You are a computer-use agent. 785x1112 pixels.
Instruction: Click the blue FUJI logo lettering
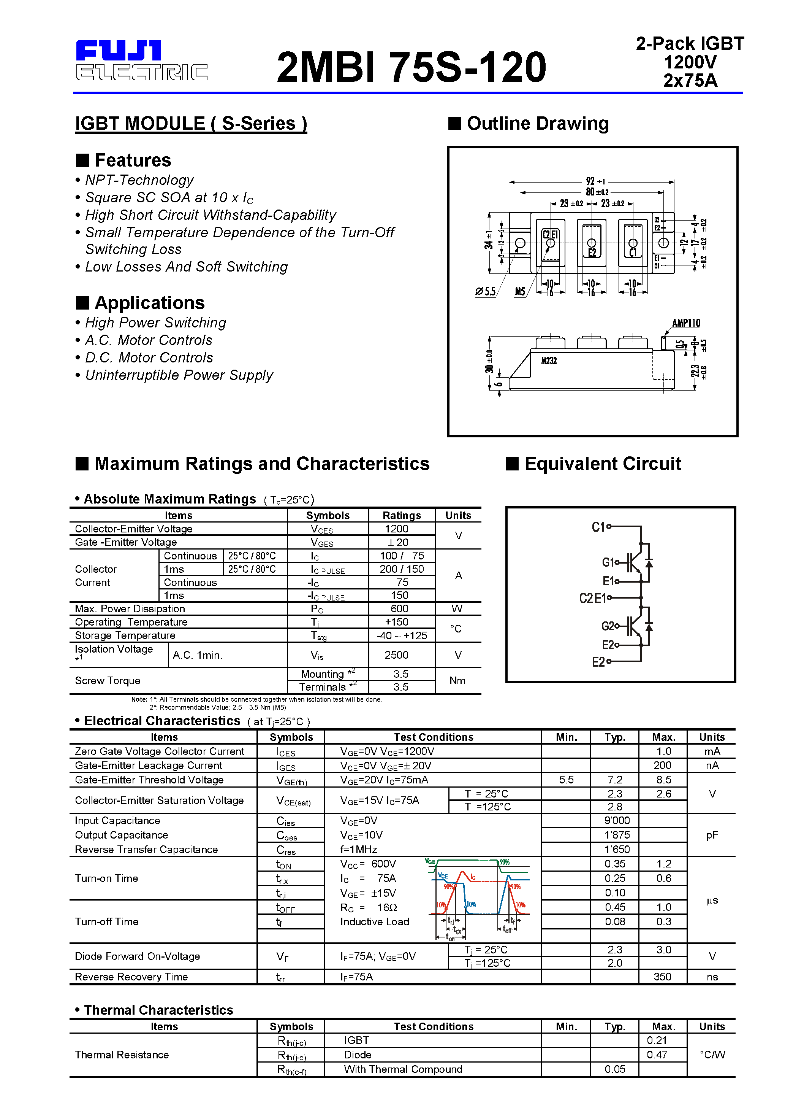pos(119,50)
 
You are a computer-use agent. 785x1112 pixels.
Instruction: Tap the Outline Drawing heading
pos(537,124)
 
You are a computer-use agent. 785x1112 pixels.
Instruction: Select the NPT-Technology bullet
pos(139,180)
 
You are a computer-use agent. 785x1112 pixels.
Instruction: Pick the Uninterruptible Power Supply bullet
pos(179,375)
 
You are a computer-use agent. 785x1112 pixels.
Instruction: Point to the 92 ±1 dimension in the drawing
pos(595,181)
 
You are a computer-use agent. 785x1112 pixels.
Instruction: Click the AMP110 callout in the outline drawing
pos(686,323)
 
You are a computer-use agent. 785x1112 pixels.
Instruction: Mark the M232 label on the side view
pos(549,361)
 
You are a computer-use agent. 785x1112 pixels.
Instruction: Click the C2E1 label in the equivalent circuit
pos(592,598)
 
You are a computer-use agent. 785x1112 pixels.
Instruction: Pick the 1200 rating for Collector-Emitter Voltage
pos(396,529)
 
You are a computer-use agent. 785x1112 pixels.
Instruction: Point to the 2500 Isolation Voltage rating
pos(396,655)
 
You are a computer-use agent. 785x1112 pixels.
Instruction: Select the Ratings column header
pos(401,515)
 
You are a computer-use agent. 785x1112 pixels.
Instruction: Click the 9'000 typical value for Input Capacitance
pos(617,820)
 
